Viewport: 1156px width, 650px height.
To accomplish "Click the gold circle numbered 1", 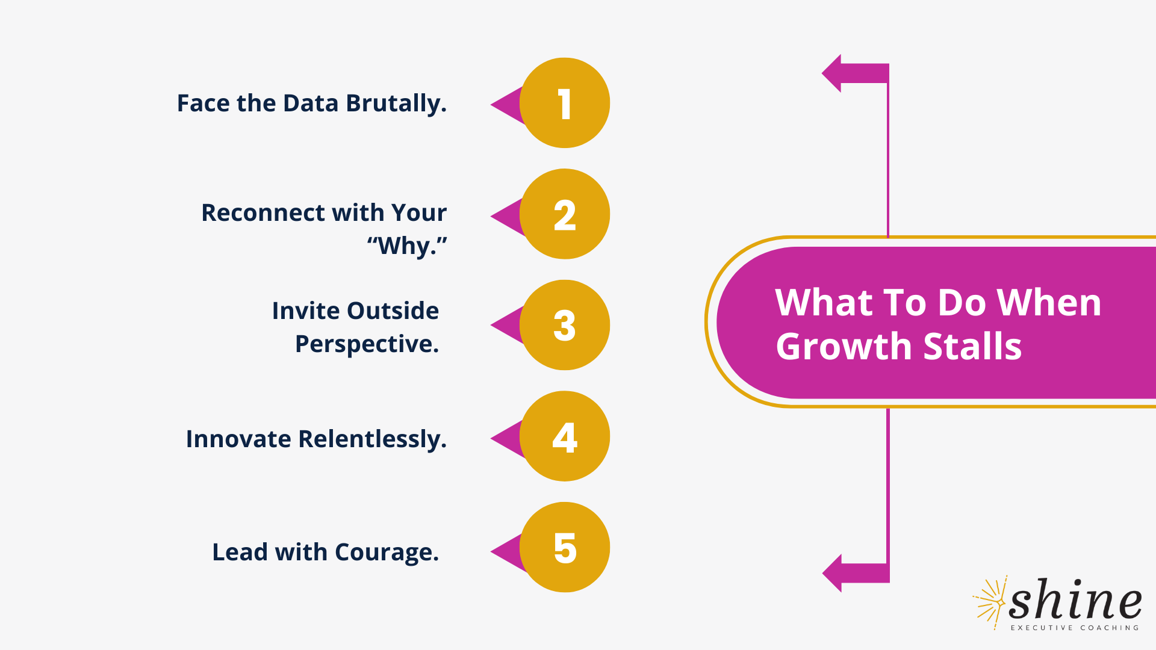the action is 565,103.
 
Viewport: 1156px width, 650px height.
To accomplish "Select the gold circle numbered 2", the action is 565,214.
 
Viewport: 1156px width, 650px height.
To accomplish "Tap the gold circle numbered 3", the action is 565,325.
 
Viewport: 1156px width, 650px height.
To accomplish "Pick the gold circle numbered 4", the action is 565,436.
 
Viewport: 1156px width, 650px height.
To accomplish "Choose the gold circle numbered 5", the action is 565,547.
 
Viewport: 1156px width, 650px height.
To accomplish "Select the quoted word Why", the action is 407,246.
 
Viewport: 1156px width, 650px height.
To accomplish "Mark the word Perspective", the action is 367,344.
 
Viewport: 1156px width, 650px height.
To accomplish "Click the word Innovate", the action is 238,439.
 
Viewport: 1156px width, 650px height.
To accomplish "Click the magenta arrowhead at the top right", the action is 833,73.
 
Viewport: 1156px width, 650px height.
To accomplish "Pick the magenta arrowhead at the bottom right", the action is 833,573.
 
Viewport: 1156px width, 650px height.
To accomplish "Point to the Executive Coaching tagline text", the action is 1075,628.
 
